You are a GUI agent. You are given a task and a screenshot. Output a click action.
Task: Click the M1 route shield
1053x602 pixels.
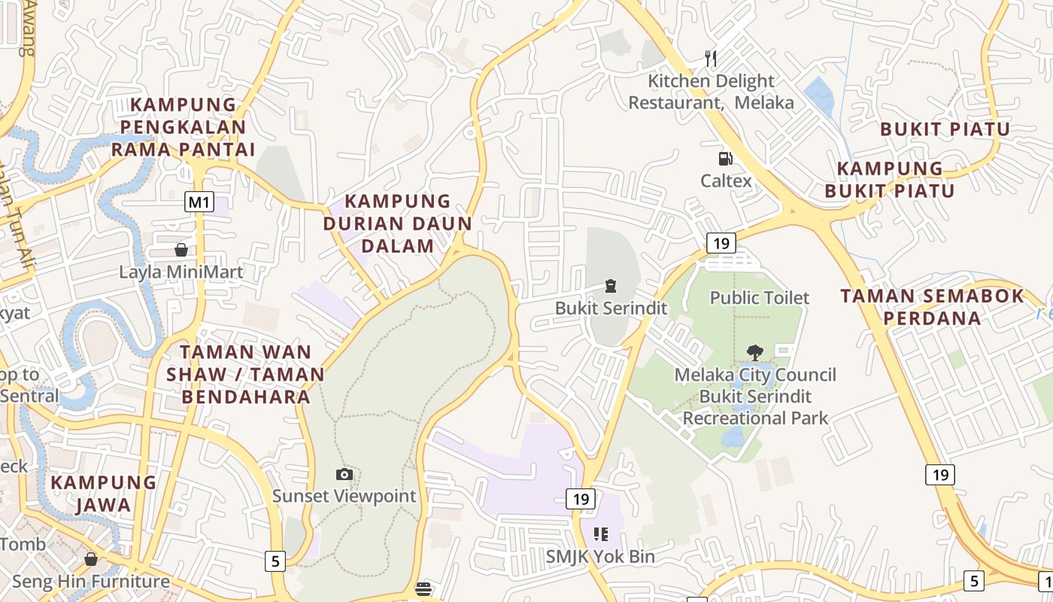[x=199, y=202]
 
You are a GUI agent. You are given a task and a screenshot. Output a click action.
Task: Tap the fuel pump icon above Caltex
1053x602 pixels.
[x=725, y=158]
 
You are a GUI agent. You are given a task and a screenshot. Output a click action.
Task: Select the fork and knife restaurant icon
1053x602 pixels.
[x=710, y=58]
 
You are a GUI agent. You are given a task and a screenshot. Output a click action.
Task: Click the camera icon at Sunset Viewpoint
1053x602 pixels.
[x=344, y=474]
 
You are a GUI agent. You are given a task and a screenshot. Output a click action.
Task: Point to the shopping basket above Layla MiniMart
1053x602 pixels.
[x=181, y=250]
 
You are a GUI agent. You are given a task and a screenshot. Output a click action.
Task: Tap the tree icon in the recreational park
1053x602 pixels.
[x=754, y=352]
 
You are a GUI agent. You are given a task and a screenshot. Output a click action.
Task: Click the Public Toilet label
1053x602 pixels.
[x=760, y=298]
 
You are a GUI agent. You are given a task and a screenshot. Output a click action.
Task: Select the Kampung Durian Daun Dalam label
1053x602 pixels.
[x=398, y=223]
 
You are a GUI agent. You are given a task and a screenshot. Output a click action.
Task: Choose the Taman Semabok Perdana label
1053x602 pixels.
[x=933, y=306]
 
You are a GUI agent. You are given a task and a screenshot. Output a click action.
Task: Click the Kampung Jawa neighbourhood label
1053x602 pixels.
[x=104, y=493]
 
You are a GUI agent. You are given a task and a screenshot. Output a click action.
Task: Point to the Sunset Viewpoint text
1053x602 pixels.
[x=344, y=496]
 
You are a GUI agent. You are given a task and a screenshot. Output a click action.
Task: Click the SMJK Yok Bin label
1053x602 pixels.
[x=600, y=557]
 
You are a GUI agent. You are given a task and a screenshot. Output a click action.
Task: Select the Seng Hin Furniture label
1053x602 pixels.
[x=91, y=581]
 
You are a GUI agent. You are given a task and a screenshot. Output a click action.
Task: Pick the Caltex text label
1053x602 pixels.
[x=726, y=181]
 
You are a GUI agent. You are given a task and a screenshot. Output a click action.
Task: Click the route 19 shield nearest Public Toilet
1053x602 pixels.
[x=721, y=243]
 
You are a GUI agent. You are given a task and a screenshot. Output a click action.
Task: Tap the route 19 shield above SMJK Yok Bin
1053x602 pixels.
[x=581, y=499]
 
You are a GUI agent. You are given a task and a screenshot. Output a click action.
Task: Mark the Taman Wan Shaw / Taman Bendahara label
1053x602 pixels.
[x=245, y=374]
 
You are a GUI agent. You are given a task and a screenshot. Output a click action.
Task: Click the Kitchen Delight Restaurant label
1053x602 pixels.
[x=711, y=91]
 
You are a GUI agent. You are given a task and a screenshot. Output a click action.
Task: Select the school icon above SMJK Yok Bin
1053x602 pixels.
[x=600, y=534]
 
